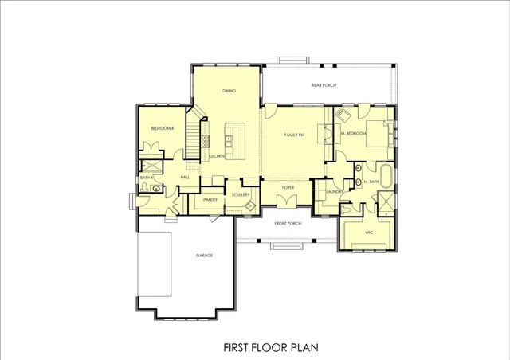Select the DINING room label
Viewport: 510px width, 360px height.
point(229,91)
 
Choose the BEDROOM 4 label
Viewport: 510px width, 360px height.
point(163,127)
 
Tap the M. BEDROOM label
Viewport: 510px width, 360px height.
point(354,134)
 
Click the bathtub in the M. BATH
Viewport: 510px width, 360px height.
point(387,176)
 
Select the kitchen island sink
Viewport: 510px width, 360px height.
point(229,140)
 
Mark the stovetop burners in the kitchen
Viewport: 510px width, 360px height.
point(204,141)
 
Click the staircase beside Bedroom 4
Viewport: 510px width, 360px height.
point(194,136)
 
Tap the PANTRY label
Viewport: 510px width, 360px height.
point(211,199)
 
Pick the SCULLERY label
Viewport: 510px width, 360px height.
point(241,194)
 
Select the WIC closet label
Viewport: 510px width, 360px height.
point(368,232)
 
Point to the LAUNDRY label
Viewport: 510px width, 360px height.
point(335,191)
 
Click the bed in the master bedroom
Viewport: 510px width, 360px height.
point(380,134)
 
